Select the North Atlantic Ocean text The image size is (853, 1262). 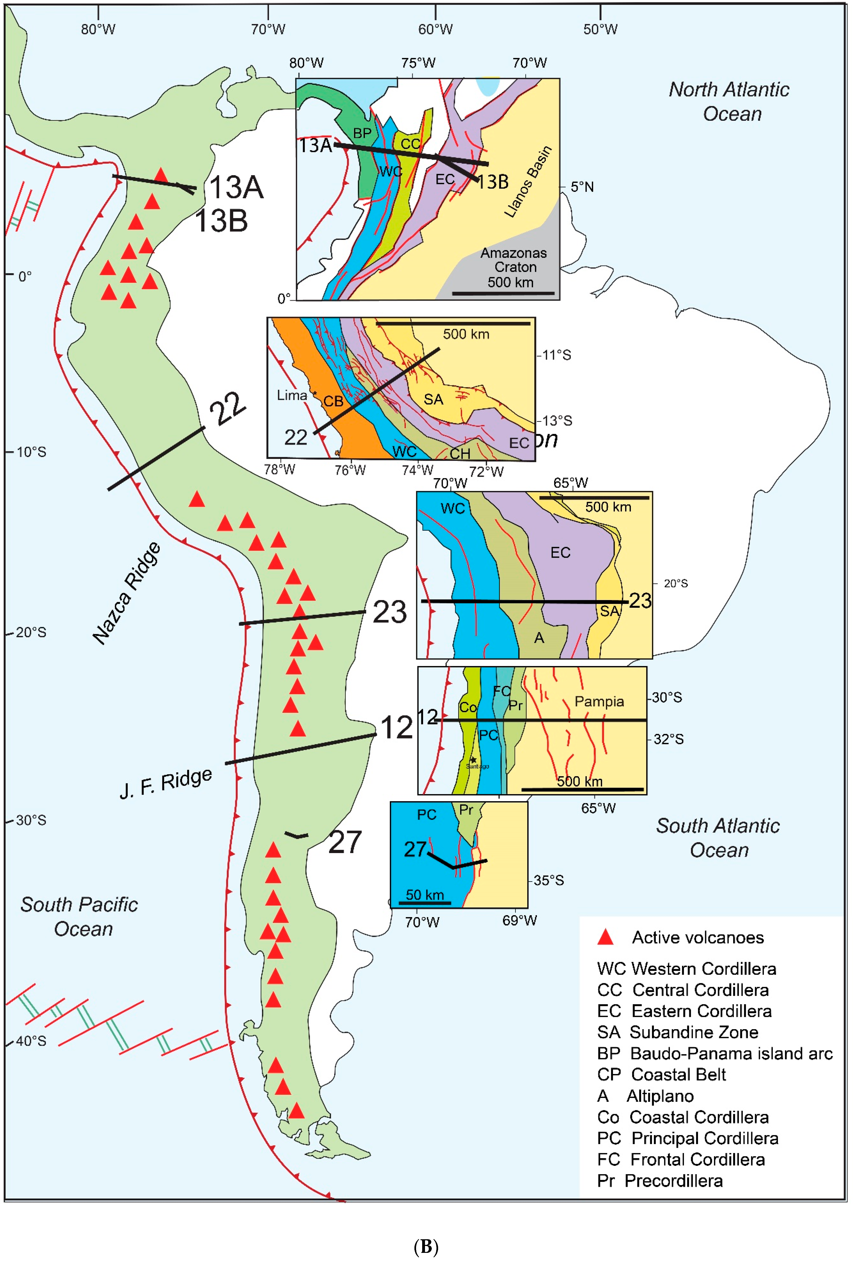tap(729, 102)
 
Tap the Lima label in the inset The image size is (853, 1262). tap(292, 395)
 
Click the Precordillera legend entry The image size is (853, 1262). tap(660, 1181)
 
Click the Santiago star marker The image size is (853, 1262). tap(473, 760)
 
